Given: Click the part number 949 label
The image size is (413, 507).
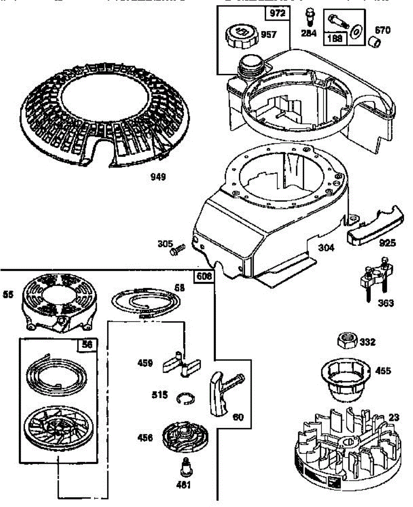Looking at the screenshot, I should coord(158,177).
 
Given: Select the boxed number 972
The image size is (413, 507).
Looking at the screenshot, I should coord(278,14).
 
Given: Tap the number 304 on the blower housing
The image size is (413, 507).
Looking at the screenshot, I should coord(326,248).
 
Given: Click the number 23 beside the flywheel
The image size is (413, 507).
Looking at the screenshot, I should coord(394,417).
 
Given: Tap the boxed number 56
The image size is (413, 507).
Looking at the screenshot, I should coord(87,345).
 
